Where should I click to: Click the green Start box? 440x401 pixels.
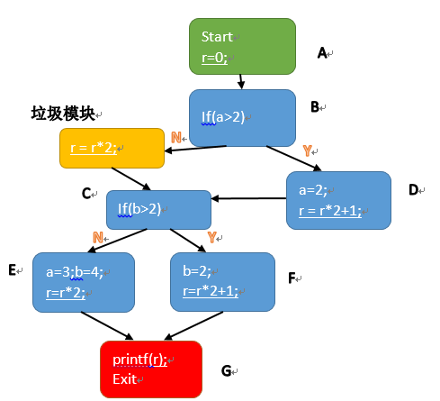(242, 46)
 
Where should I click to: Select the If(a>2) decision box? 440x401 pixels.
(242, 118)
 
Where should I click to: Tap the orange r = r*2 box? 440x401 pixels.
(112, 148)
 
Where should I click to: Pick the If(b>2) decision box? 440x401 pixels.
(158, 210)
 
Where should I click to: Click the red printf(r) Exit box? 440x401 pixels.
(151, 369)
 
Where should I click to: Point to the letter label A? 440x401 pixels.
(322, 53)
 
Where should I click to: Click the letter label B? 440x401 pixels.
(315, 107)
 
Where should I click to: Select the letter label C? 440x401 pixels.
(86, 194)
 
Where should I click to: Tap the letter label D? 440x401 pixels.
(413, 190)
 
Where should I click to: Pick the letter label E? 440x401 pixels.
(12, 270)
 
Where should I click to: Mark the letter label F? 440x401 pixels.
(292, 278)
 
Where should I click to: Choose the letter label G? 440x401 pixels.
(226, 371)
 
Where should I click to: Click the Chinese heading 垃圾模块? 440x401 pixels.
(63, 114)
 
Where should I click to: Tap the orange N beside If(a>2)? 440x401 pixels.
(176, 138)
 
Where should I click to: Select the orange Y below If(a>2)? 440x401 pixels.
(307, 150)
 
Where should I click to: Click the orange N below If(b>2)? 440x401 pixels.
(98, 238)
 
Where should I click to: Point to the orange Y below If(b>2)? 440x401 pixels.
(211, 238)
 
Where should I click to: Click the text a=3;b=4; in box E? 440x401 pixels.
(75, 272)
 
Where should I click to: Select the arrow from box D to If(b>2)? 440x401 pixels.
(248, 198)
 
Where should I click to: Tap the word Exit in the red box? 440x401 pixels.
(125, 379)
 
